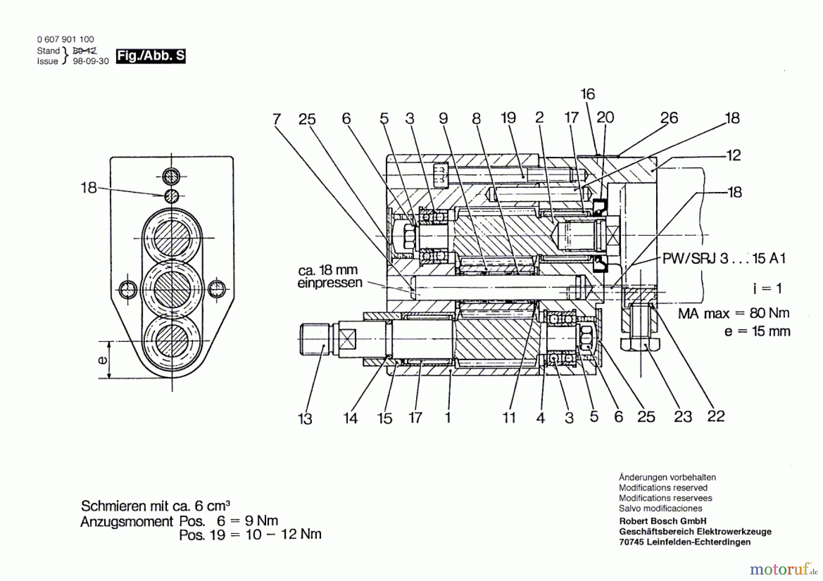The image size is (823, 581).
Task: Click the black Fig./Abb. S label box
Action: click(x=150, y=56)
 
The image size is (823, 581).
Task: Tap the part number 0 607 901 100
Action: click(x=65, y=39)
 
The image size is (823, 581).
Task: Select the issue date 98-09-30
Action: click(x=91, y=61)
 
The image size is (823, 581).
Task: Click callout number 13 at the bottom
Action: click(x=305, y=418)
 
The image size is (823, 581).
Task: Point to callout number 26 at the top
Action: click(x=669, y=118)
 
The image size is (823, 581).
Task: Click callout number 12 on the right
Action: click(x=733, y=155)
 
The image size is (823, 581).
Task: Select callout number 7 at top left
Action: click(x=276, y=119)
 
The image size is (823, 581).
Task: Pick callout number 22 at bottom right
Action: click(x=716, y=416)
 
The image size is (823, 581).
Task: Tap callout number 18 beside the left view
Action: click(x=89, y=187)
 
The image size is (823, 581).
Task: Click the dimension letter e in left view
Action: click(x=103, y=360)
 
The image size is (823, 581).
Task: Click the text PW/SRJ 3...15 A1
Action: click(x=724, y=258)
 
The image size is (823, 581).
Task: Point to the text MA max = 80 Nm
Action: click(x=733, y=313)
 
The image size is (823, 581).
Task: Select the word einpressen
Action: click(x=330, y=283)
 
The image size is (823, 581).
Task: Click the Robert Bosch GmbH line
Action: click(x=663, y=521)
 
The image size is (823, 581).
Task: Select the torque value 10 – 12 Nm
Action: click(x=283, y=534)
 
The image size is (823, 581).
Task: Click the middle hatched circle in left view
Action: click(x=171, y=289)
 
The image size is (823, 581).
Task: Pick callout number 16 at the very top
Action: click(x=588, y=94)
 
